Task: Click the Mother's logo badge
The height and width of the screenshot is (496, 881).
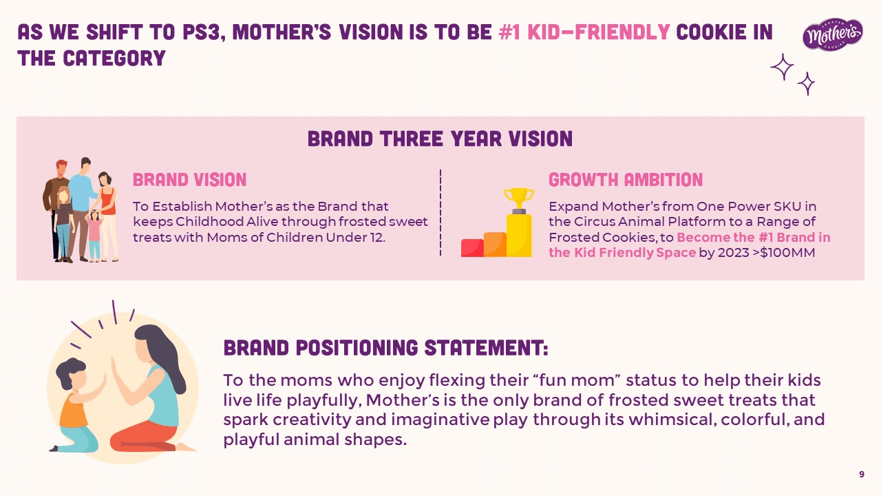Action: pos(833,34)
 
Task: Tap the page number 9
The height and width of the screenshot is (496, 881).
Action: pos(861,475)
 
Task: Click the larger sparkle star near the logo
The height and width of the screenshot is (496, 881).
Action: pos(782,67)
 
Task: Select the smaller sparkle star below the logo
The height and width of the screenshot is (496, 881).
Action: pos(806,83)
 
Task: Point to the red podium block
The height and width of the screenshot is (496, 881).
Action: pos(472,248)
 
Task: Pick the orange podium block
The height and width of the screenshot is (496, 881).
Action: pos(495,245)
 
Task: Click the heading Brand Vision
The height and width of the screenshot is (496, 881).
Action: pos(189,180)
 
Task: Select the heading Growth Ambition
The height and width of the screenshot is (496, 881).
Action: pos(626,180)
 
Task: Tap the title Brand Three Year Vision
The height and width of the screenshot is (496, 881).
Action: pos(440,138)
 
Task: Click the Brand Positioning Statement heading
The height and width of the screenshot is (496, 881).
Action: pos(386,348)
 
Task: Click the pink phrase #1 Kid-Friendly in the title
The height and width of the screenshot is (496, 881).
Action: pos(584,32)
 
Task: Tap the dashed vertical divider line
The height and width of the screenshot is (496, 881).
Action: pos(440,213)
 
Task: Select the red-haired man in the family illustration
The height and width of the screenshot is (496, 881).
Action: pos(56,209)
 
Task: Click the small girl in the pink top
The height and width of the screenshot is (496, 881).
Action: pos(94,236)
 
